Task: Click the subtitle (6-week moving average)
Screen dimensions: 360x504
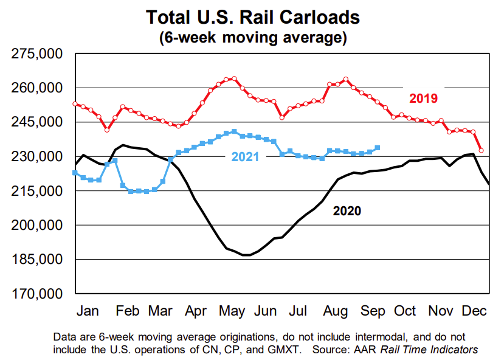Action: tap(252, 36)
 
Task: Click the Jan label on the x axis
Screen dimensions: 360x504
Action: tap(88, 311)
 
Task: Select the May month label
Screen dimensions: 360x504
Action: tap(232, 311)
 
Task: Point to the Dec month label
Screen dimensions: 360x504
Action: tap(474, 311)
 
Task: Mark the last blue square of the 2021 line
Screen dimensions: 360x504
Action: tap(378, 148)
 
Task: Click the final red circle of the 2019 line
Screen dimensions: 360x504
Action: tap(481, 150)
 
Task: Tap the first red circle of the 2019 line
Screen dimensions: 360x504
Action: tap(75, 103)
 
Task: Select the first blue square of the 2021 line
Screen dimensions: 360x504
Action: tap(75, 173)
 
